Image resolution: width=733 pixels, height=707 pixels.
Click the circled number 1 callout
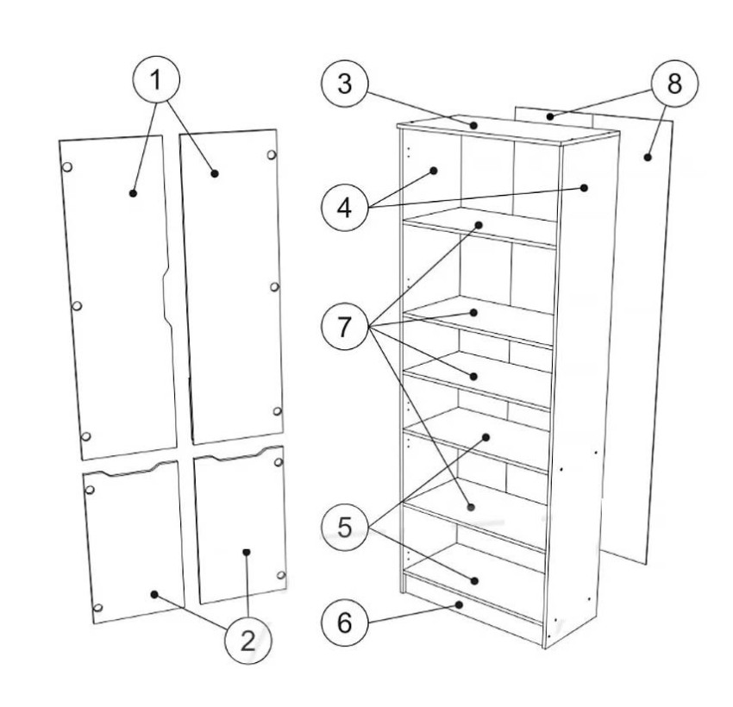pyautogui.click(x=156, y=78)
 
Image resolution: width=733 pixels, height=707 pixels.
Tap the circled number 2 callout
pyautogui.click(x=248, y=640)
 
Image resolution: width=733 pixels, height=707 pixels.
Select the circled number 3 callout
pyautogui.click(x=345, y=84)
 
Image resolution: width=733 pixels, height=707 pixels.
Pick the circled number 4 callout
pyautogui.click(x=345, y=208)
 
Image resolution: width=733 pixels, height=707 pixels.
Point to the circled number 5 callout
pyautogui.click(x=345, y=527)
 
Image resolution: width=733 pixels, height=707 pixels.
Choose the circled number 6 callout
pyautogui.click(x=345, y=623)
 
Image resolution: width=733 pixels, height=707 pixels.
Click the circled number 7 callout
pyautogui.click(x=345, y=326)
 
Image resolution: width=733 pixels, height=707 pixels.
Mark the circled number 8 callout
pyautogui.click(x=674, y=84)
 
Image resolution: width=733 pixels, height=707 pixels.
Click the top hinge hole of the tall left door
pyautogui.click(x=67, y=166)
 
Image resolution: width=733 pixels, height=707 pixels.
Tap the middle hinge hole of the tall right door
pyautogui.click(x=275, y=286)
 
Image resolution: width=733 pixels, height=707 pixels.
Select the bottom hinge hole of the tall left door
pyautogui.click(x=86, y=436)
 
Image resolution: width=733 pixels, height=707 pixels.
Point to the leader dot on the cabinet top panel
pyautogui.click(x=473, y=125)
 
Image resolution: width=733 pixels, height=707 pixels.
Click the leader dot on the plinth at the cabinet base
pyautogui.click(x=460, y=604)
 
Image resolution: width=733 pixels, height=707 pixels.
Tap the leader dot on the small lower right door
pyautogui.click(x=247, y=552)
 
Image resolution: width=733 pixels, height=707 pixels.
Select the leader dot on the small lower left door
pyautogui.click(x=154, y=594)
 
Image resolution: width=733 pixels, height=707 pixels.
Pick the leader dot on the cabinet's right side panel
pyautogui.click(x=584, y=187)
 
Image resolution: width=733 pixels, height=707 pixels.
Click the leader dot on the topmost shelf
pyautogui.click(x=479, y=225)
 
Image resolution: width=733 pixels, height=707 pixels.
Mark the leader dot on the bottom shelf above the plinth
pyautogui.click(x=474, y=581)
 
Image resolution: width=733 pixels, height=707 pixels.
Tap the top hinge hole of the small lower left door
pyautogui.click(x=91, y=490)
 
